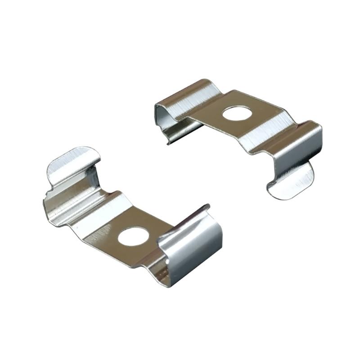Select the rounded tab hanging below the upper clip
pyautogui.click(x=290, y=182)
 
